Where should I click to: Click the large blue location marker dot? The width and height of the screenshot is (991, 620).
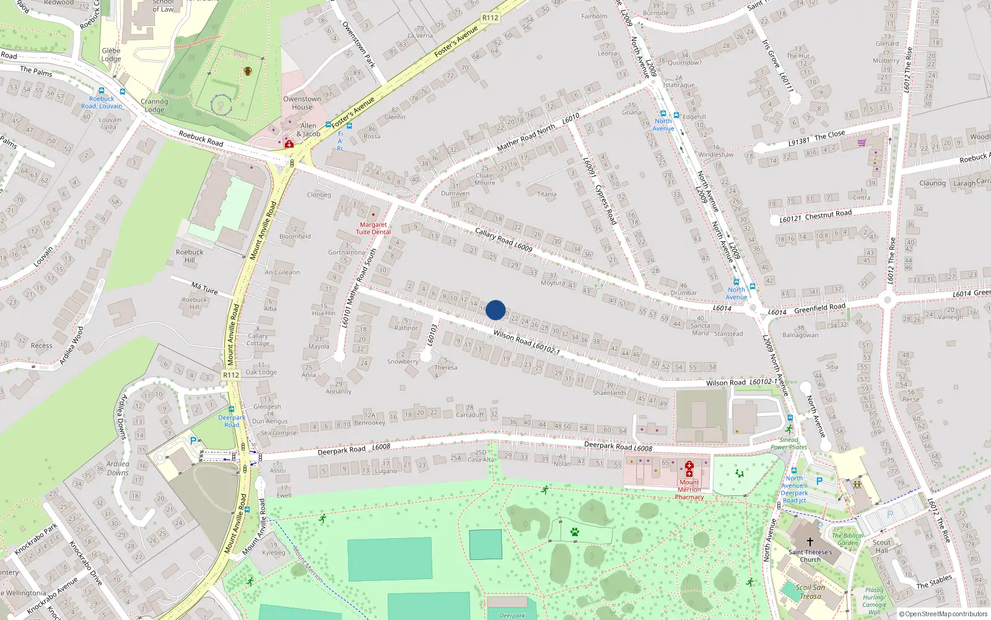(495, 310)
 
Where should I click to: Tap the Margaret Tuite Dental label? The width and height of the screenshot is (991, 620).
(373, 228)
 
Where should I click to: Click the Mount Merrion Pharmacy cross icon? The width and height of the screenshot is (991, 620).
(689, 469)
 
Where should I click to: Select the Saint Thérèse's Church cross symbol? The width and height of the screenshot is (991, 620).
(810, 542)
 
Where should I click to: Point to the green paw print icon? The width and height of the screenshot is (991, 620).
(575, 532)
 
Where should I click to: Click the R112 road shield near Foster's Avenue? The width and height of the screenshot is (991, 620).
(490, 18)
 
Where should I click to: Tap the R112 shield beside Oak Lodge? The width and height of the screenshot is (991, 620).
(231, 375)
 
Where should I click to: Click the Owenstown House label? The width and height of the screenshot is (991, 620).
(302, 103)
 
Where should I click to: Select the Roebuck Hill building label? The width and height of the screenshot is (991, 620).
(190, 256)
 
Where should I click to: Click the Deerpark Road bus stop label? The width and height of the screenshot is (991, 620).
(232, 421)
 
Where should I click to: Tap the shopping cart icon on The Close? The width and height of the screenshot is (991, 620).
(862, 143)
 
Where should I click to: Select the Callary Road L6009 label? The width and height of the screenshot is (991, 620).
(504, 240)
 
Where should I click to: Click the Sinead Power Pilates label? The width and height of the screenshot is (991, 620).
(789, 443)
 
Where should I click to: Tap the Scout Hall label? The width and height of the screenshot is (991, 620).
(881, 546)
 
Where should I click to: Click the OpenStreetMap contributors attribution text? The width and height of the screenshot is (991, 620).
(943, 614)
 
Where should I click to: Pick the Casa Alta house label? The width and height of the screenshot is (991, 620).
(481, 459)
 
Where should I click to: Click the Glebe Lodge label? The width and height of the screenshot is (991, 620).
(111, 55)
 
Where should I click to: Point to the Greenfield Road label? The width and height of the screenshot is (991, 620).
(819, 308)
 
